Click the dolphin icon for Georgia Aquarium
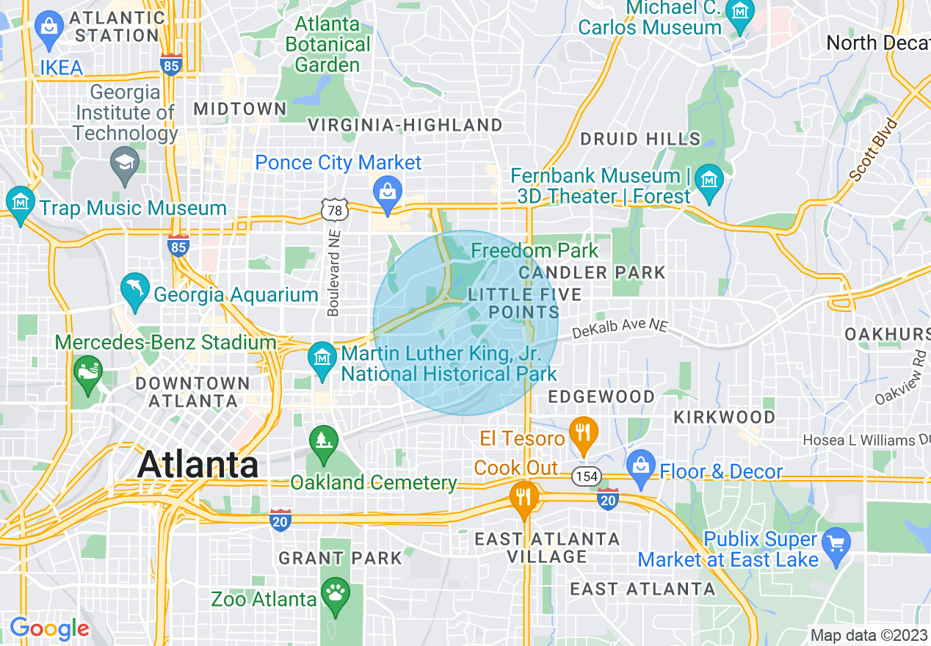[136, 288]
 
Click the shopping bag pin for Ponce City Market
[386, 192]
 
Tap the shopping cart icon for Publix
[836, 543]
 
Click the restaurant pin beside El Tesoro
[583, 432]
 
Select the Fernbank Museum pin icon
[709, 179]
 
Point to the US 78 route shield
[334, 211]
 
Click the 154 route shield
[587, 476]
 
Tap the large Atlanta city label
[198, 465]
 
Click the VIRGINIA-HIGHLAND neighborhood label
[405, 126]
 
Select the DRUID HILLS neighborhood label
[640, 139]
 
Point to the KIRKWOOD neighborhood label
[725, 417]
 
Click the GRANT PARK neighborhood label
[341, 558]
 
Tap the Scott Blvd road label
[873, 149]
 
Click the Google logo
[49, 628]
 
